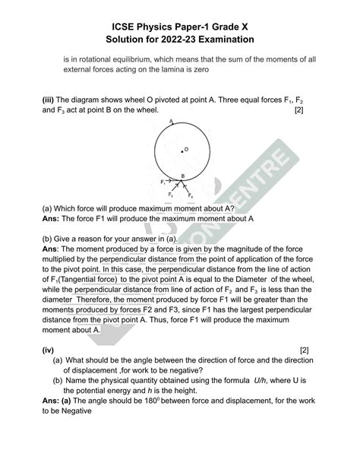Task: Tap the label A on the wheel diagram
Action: [172, 121]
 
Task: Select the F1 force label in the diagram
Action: [163, 182]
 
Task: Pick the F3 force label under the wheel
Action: [190, 196]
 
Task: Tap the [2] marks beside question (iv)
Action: [304, 350]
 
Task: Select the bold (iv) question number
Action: [49, 350]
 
